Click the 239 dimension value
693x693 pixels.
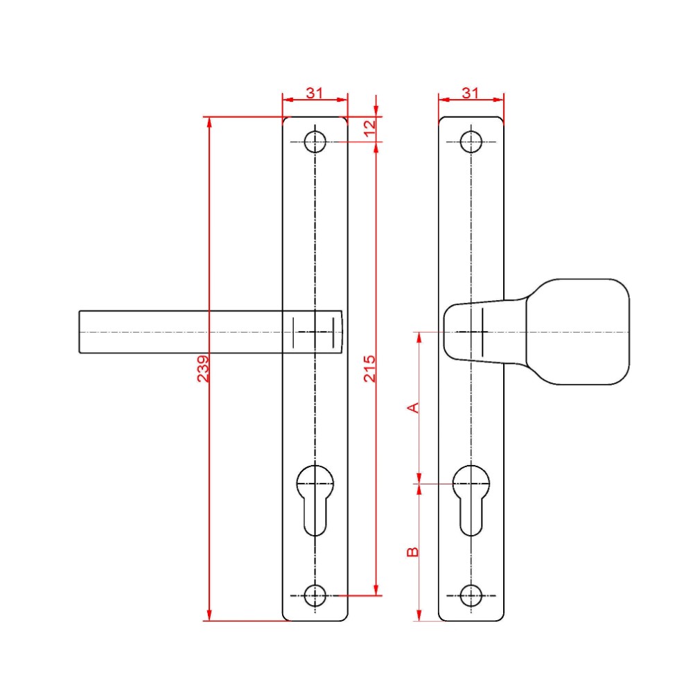203,369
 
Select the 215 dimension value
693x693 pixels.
369,369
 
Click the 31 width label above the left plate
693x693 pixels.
315,93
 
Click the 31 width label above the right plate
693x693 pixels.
471,93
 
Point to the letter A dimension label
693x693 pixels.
412,407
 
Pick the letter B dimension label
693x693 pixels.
412,552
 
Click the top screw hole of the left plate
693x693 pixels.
315,141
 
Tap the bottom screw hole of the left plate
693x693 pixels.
315,595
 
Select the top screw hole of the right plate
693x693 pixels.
471,141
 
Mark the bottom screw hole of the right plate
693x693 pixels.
471,595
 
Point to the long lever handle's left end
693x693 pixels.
82,332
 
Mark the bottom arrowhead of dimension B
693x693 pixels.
419,616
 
